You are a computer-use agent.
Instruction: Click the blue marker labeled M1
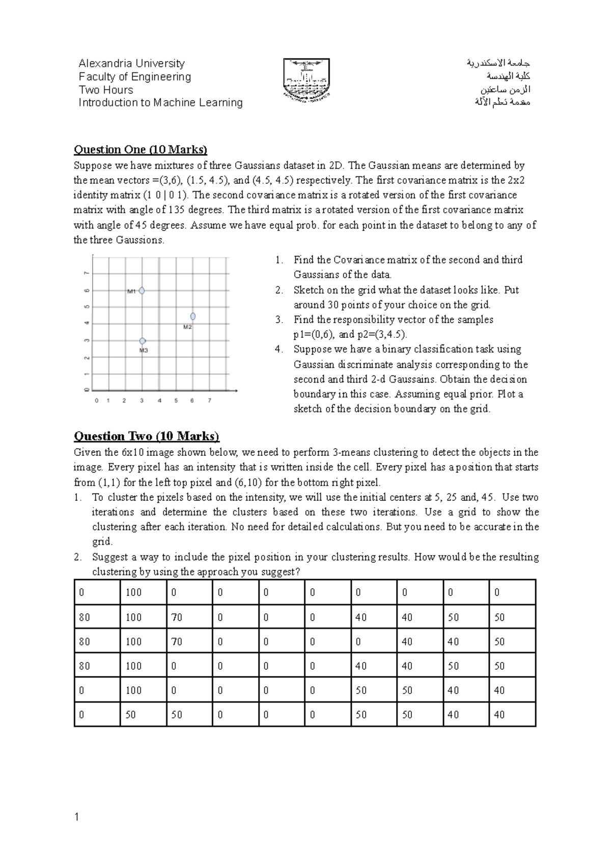142,291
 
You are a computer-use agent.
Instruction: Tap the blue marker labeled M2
193,317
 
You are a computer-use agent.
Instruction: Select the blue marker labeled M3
143,341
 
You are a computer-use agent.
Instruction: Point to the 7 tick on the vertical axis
87,273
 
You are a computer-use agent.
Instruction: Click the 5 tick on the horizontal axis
176,400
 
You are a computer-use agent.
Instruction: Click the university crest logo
307,79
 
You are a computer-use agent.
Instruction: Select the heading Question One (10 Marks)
141,150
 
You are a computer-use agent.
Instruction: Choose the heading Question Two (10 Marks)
147,437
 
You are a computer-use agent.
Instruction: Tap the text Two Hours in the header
105,90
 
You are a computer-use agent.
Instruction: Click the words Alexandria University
131,64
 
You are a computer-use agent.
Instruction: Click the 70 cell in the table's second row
177,617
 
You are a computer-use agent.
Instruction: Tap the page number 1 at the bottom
76,818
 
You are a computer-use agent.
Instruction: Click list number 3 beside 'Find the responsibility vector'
278,320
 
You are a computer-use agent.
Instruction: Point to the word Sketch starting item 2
307,290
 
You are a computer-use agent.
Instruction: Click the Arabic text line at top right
498,64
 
